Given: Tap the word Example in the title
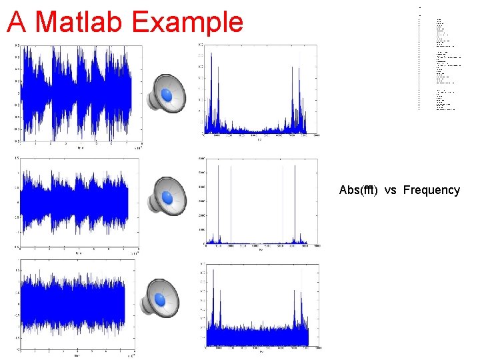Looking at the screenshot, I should (x=189, y=22).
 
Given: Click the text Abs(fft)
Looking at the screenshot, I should (x=359, y=190).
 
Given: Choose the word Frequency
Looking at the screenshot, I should (x=431, y=190).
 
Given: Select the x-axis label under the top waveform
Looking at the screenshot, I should (x=80, y=147).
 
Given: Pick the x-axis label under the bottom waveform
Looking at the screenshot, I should (x=79, y=355).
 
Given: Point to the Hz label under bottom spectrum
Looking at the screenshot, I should (x=260, y=351).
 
